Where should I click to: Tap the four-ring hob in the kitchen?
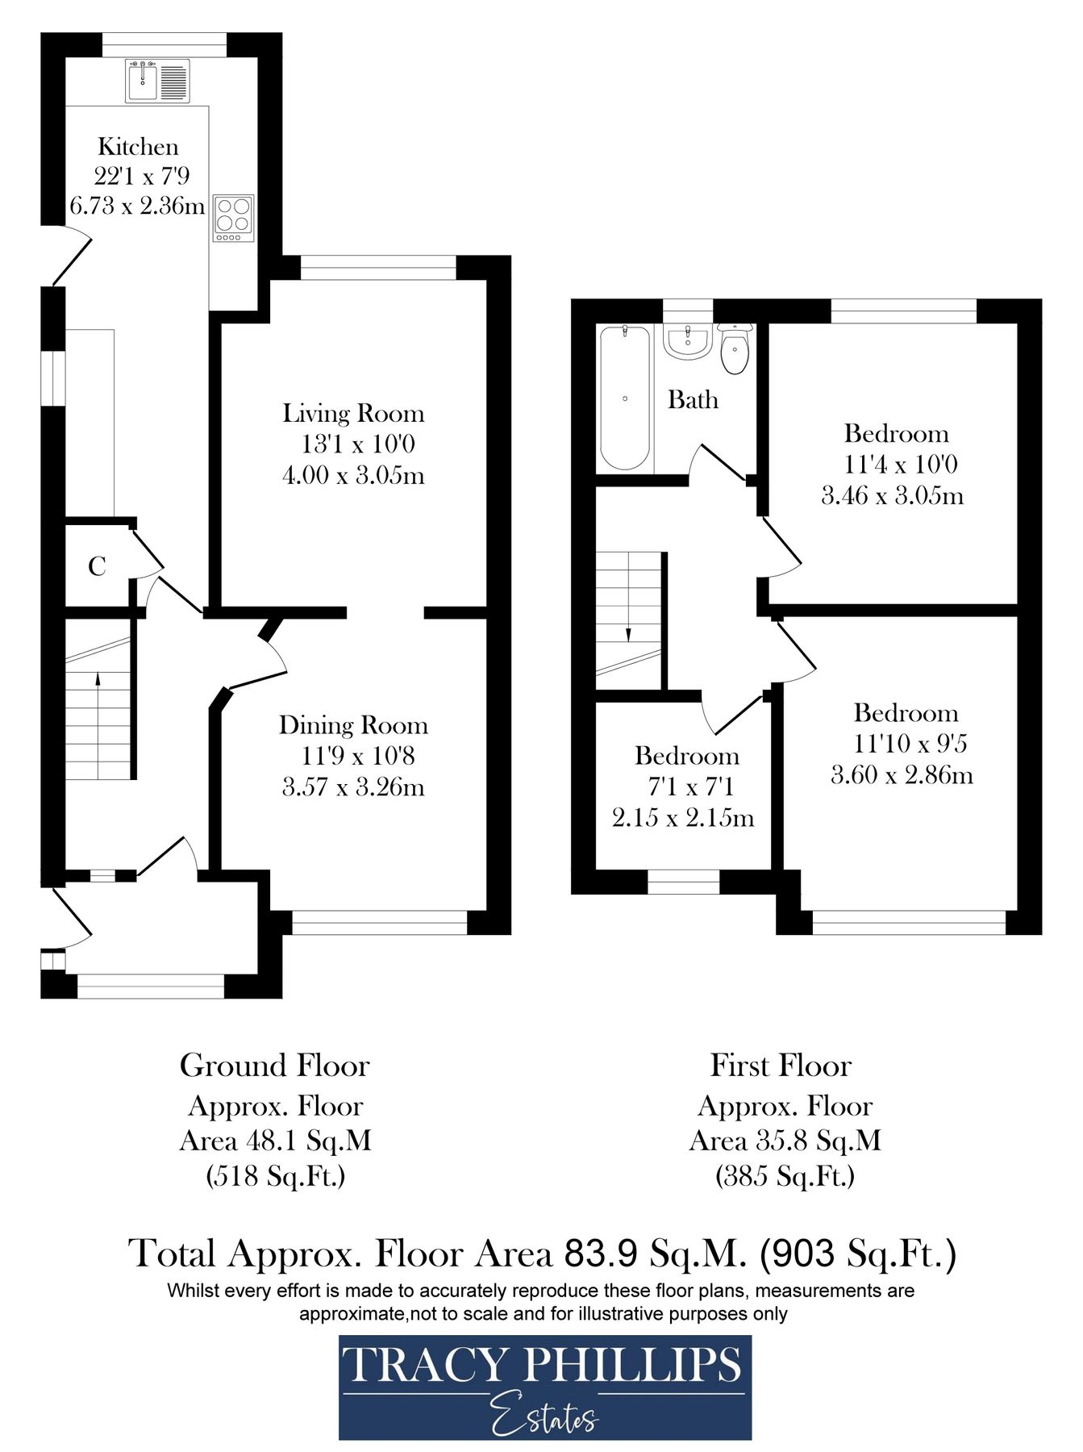click(233, 218)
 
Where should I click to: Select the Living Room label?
click(352, 414)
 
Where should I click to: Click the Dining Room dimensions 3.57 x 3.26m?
click(353, 787)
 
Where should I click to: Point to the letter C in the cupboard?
click(97, 567)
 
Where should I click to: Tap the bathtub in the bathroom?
click(625, 398)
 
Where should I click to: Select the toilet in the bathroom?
click(735, 350)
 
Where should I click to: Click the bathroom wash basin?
click(686, 341)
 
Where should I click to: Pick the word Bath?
click(693, 400)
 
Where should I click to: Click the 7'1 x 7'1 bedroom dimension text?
click(690, 787)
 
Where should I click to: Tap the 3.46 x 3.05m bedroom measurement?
click(892, 495)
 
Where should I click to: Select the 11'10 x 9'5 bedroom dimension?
click(910, 744)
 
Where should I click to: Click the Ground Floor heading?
click(274, 1066)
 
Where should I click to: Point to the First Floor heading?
click(780, 1066)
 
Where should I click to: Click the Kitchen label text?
click(138, 147)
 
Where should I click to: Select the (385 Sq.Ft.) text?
click(785, 1176)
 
